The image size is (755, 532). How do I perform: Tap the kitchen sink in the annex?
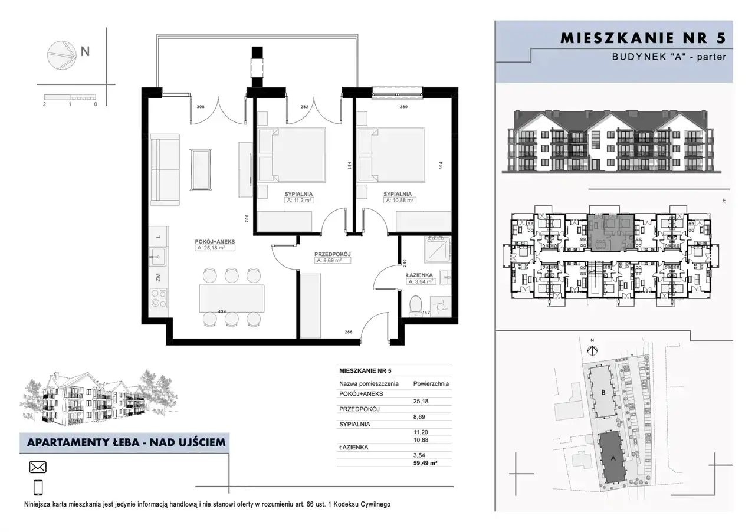[157, 258]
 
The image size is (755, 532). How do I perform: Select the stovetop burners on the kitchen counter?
[158, 298]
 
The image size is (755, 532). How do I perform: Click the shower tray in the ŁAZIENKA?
[438, 249]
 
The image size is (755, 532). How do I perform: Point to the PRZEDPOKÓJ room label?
[333, 254]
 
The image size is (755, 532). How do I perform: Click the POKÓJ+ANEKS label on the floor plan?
[215, 242]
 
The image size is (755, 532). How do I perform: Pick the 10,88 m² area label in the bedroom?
[399, 201]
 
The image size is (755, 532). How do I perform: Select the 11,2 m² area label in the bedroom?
[299, 201]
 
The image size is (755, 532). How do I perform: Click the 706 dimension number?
[247, 218]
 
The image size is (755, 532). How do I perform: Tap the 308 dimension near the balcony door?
[201, 107]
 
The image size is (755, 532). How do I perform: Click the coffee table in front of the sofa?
[202, 170]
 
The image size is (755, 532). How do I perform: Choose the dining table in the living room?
[232, 298]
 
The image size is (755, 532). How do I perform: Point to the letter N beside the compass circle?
[86, 51]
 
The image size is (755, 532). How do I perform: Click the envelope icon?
[38, 467]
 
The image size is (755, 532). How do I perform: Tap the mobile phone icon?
[38, 487]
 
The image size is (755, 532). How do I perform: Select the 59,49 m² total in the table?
[425, 463]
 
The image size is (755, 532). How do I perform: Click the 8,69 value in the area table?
[419, 417]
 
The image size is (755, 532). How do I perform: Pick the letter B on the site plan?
[603, 392]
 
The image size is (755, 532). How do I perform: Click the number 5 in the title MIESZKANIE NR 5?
[721, 38]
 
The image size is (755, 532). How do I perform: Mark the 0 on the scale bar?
[96, 104]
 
